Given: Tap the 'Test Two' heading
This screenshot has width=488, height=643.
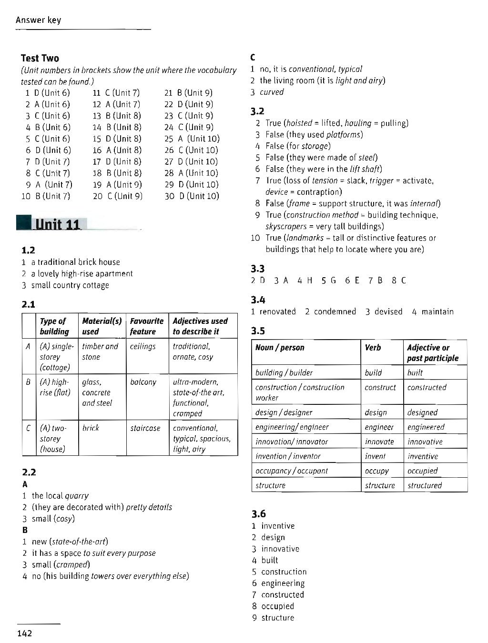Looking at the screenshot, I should [x=40, y=59].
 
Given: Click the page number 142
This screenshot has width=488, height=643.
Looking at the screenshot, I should [x=24, y=633].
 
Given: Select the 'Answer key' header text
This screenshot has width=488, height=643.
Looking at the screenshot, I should [x=38, y=20].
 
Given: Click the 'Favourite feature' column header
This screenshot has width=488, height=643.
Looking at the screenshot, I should [x=146, y=326].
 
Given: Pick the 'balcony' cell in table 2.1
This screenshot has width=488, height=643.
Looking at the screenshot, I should [x=143, y=382].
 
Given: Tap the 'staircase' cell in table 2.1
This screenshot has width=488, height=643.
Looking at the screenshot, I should [x=145, y=428].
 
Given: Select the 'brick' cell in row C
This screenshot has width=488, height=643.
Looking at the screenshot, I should [x=91, y=428].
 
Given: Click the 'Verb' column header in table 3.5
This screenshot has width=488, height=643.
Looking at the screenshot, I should [x=373, y=348].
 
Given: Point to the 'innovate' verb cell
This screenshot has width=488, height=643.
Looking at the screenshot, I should [x=379, y=442].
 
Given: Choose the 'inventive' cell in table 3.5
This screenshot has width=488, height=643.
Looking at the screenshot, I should [x=422, y=456].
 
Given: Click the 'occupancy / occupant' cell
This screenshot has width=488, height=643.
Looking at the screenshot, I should [x=292, y=471].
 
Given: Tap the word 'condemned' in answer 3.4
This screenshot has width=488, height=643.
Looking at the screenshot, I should [x=335, y=311].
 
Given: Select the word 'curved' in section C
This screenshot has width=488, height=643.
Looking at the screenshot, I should [x=272, y=92].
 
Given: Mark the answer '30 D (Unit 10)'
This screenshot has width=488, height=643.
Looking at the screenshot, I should [x=192, y=196].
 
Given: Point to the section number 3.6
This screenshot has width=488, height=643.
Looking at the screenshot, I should [x=258, y=514].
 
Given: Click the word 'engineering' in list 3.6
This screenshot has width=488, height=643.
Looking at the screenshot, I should [x=283, y=583].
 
